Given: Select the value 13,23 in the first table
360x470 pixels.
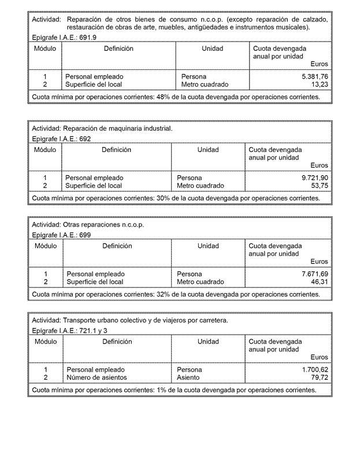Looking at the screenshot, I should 320,84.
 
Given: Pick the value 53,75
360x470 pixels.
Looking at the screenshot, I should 319,186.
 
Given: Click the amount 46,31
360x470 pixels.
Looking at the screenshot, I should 319,282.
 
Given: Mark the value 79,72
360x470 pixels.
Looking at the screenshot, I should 319,378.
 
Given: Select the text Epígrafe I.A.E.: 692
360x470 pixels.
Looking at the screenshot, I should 61,139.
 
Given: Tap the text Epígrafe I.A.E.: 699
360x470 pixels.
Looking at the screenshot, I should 61,235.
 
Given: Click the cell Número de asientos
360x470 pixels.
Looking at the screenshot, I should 97,378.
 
